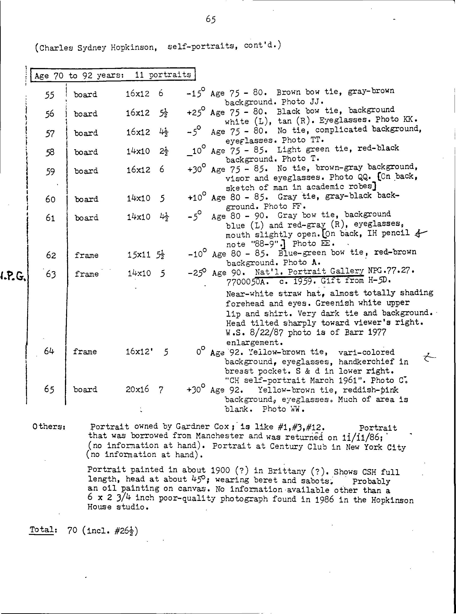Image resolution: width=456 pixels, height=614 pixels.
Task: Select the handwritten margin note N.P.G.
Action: (13, 275)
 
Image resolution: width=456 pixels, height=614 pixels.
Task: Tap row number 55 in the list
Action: (49, 95)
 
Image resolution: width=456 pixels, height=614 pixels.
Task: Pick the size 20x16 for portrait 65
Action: (137, 389)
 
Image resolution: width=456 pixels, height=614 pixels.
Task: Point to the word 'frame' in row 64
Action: (85, 352)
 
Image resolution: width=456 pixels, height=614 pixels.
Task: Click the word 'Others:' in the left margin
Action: (49, 426)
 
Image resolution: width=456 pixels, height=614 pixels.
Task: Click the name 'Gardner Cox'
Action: (203, 427)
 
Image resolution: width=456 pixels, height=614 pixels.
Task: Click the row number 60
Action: (50, 199)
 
